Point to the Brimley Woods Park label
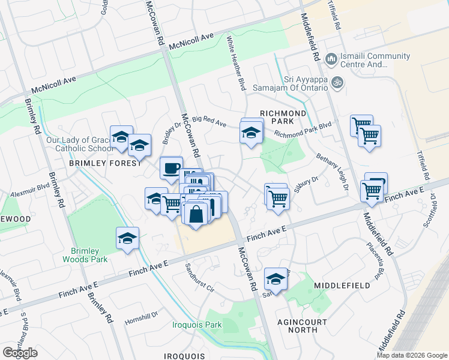click(x=85, y=255)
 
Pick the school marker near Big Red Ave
click(x=252, y=132)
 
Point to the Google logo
click(x=20, y=353)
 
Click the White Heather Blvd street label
click(x=236, y=64)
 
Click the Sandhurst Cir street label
click(x=199, y=277)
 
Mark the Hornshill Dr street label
click(x=140, y=316)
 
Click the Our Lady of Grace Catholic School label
click(x=79, y=145)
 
